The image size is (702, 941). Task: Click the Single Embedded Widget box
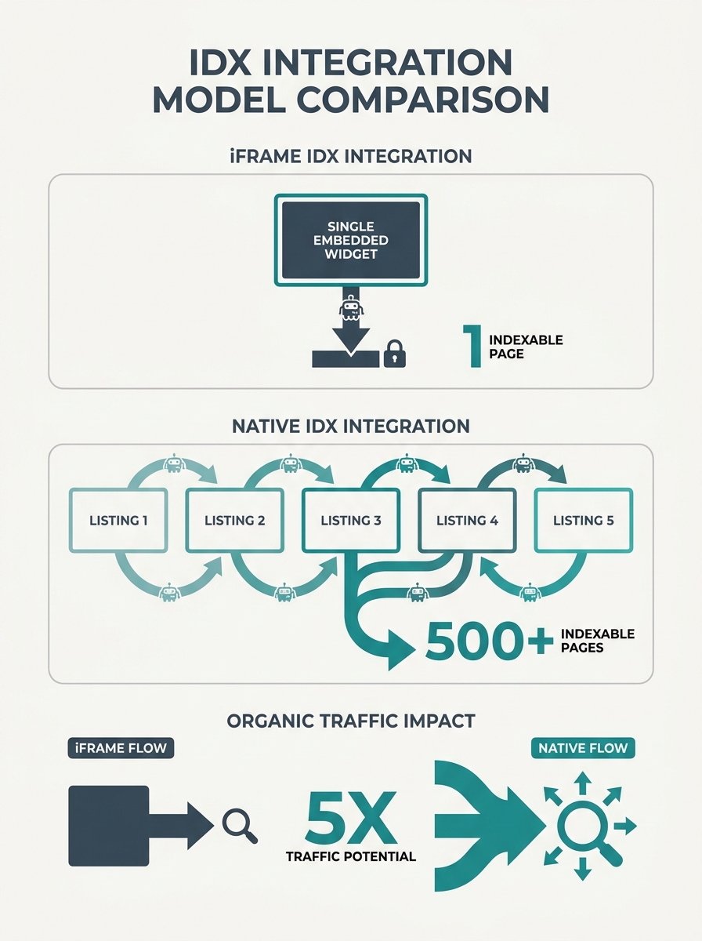351,240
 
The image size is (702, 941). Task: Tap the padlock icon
394,354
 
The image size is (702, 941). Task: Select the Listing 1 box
118,521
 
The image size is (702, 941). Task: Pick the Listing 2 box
235,521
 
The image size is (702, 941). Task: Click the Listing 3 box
351,521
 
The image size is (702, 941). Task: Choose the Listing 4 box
467,521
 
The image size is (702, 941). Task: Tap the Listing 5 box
584,521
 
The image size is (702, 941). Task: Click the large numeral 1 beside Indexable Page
473,346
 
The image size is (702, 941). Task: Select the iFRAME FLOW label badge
121,748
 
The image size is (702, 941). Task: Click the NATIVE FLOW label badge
583,748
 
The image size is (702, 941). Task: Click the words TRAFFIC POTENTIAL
351,857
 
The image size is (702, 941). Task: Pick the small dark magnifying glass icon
240,826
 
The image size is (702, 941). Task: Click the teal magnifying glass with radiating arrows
589,826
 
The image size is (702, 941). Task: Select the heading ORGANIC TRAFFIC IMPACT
351,721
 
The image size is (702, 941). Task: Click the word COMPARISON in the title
422,100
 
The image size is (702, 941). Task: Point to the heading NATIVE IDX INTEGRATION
351,426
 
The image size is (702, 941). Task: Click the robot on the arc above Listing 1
174,463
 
